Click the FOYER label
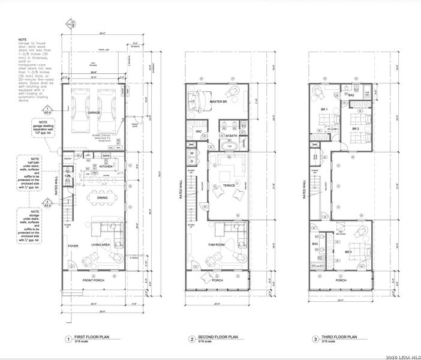coord(73,245)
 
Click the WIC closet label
coord(197,130)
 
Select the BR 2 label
coord(355,128)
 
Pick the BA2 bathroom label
coord(351,95)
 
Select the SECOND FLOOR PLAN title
coord(221,337)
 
